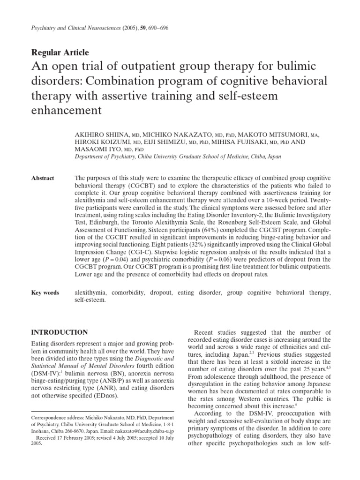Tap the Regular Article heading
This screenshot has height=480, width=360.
point(60,52)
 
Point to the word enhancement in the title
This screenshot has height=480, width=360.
point(66,110)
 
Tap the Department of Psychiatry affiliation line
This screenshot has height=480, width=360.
point(178,157)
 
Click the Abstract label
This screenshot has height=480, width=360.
point(43,178)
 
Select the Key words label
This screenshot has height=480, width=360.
point(45,292)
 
